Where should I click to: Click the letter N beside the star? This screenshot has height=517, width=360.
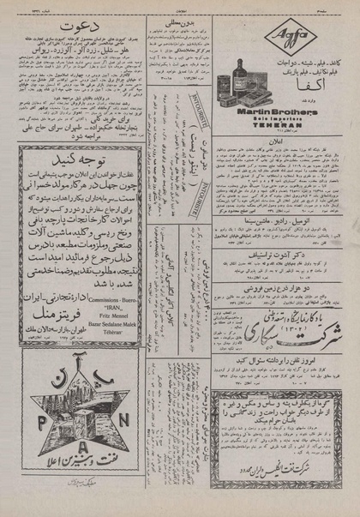(x=127, y=412)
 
